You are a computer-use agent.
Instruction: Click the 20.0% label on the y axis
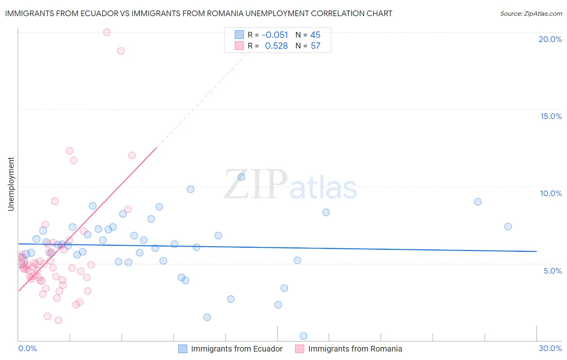click(x=550, y=39)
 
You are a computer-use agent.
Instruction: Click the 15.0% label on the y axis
click(x=551, y=116)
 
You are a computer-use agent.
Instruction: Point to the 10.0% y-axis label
click(x=551, y=193)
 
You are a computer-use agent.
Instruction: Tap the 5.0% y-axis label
click(x=552, y=271)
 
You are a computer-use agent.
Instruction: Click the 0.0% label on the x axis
click(x=27, y=348)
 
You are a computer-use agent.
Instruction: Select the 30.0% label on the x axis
click(x=550, y=348)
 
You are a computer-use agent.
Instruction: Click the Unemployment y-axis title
click(x=11, y=184)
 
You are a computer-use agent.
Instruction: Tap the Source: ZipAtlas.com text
click(x=531, y=13)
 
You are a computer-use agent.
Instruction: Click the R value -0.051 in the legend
click(x=275, y=35)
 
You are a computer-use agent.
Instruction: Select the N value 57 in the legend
click(x=315, y=46)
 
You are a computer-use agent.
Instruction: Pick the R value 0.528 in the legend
click(x=276, y=46)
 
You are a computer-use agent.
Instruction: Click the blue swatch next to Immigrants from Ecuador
click(x=183, y=349)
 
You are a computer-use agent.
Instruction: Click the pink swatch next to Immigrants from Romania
click(x=300, y=349)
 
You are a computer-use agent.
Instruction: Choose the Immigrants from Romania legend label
click(x=355, y=349)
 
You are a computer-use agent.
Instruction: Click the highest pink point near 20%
click(x=107, y=32)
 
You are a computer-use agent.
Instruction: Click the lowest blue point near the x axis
click(x=303, y=336)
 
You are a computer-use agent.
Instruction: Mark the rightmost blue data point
click(x=508, y=226)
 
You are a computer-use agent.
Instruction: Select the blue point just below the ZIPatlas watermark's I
click(x=242, y=177)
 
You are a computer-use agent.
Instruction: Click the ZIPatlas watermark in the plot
click(x=290, y=185)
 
